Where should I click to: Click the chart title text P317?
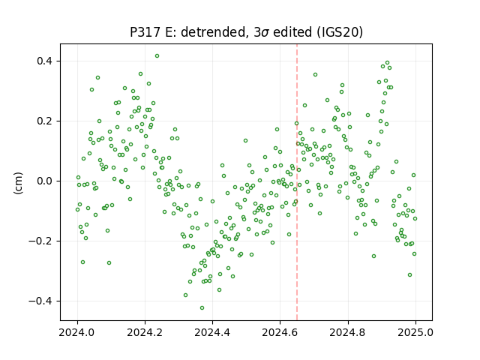click(x=145, y=31)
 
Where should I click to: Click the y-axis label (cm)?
click(x=18, y=183)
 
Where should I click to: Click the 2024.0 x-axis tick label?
click(x=77, y=332)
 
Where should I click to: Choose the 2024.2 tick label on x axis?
click(x=145, y=332)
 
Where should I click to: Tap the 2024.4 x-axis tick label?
click(x=212, y=332)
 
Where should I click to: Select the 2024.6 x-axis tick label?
click(x=280, y=332)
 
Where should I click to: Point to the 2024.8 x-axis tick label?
click(x=348, y=332)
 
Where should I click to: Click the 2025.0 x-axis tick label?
click(x=415, y=332)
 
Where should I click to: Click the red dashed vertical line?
click(x=297, y=182)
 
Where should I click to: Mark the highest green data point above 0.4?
click(x=157, y=56)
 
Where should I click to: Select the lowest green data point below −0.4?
click(x=202, y=308)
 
